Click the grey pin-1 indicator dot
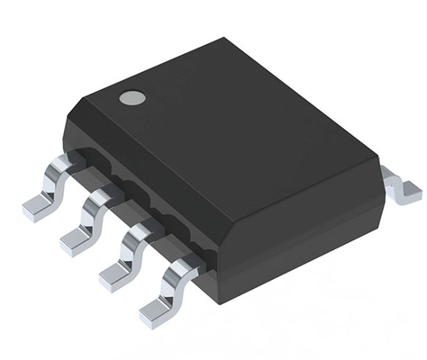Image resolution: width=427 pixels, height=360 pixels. pos(132,97)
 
